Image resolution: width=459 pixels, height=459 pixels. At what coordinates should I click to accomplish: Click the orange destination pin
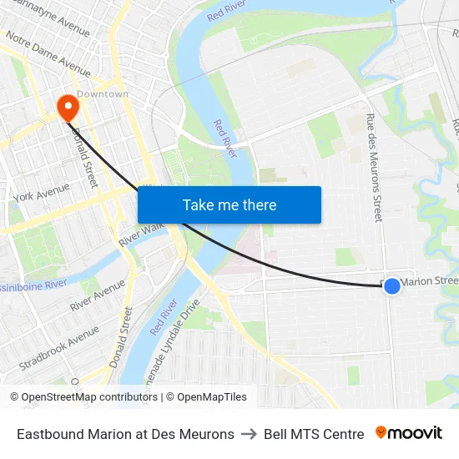tap(66, 108)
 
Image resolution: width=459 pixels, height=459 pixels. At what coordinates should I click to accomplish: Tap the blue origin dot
tap(391, 286)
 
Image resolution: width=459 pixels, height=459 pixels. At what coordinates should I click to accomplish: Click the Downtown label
tap(103, 94)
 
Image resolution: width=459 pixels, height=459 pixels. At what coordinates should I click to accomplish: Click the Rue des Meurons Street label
tap(373, 168)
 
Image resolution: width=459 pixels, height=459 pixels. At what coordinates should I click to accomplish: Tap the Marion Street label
tap(430, 281)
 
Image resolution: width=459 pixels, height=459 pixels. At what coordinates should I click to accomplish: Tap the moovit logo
tap(409, 433)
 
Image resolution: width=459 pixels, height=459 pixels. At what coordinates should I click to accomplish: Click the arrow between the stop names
tap(249, 434)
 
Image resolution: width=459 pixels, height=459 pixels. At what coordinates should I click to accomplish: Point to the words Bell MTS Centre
tap(314, 434)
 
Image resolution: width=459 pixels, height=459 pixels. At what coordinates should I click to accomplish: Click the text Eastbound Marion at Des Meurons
tap(125, 434)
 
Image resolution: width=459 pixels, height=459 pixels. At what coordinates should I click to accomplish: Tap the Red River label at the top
tap(225, 12)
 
